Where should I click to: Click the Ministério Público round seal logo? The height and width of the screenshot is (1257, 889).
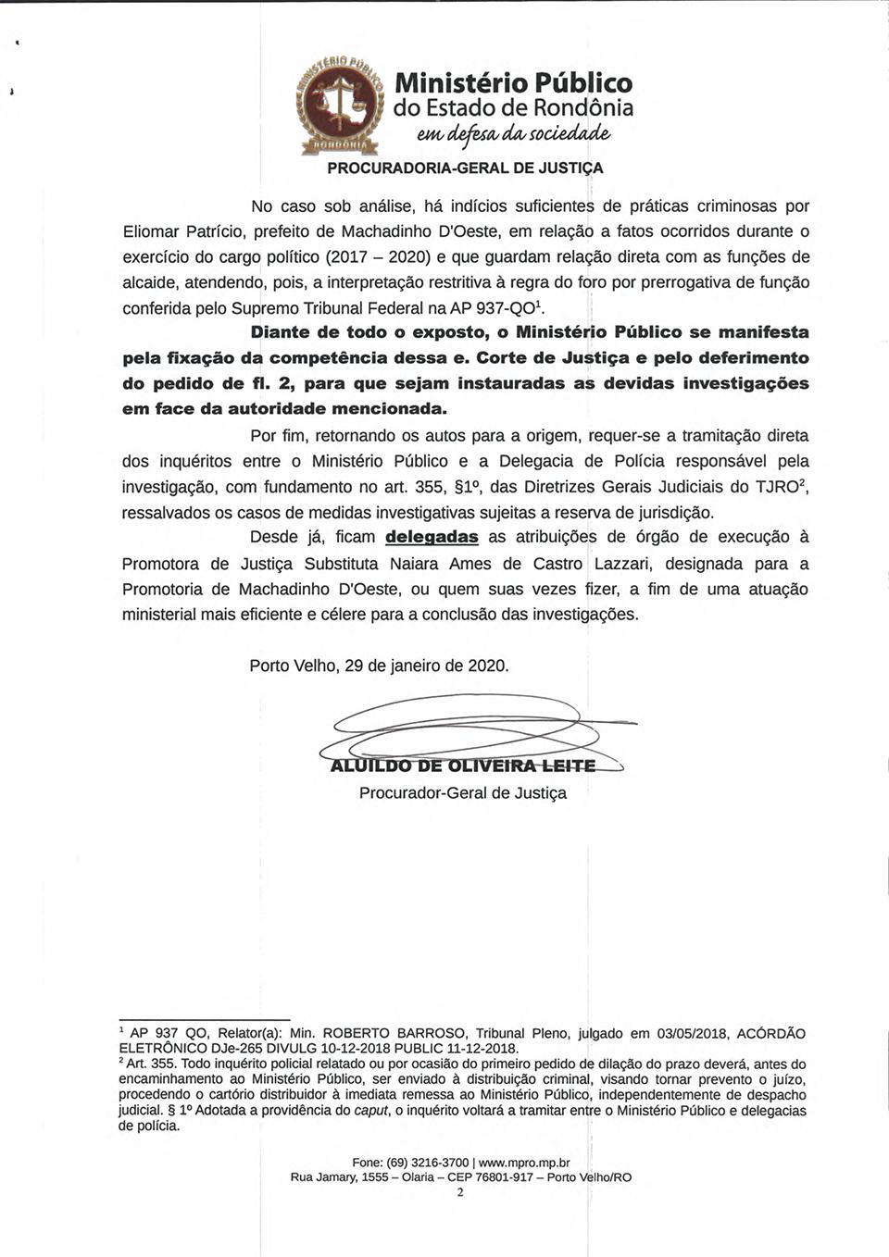coord(340,104)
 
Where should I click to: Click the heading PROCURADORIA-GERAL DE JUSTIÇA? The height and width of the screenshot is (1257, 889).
coord(465,168)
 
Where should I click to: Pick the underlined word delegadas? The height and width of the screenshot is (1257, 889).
coord(432,537)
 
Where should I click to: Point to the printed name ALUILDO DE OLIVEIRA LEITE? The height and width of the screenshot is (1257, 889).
coord(463,765)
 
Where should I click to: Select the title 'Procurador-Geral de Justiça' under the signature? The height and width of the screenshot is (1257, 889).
coord(463,793)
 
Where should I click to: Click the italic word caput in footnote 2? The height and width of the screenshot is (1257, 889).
coord(369,1111)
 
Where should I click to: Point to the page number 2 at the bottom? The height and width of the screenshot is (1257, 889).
coord(460,1192)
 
